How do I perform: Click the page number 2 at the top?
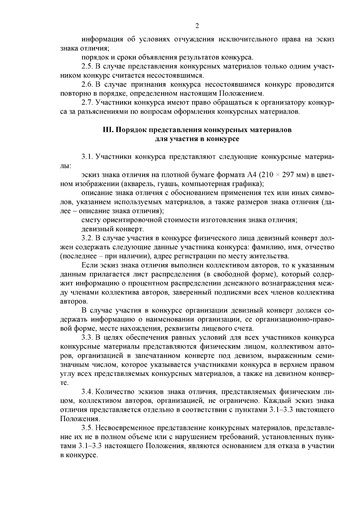point(197,26)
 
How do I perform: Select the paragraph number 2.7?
point(87,103)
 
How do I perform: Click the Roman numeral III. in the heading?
point(108,130)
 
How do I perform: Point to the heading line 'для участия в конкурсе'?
point(197,139)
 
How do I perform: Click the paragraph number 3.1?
point(87,157)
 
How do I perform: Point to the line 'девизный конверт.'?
point(112,229)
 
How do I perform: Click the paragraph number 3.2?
point(87,238)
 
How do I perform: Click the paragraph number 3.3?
point(87,338)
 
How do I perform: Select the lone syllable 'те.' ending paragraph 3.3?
point(64,383)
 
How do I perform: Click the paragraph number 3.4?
point(87,392)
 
